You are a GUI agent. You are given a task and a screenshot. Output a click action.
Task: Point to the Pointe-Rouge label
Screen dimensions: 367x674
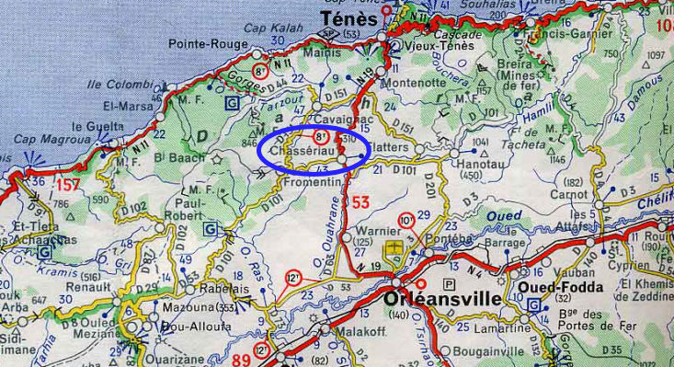click(209, 44)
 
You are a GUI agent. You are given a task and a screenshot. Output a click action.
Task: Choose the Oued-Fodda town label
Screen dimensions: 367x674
click(561, 286)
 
